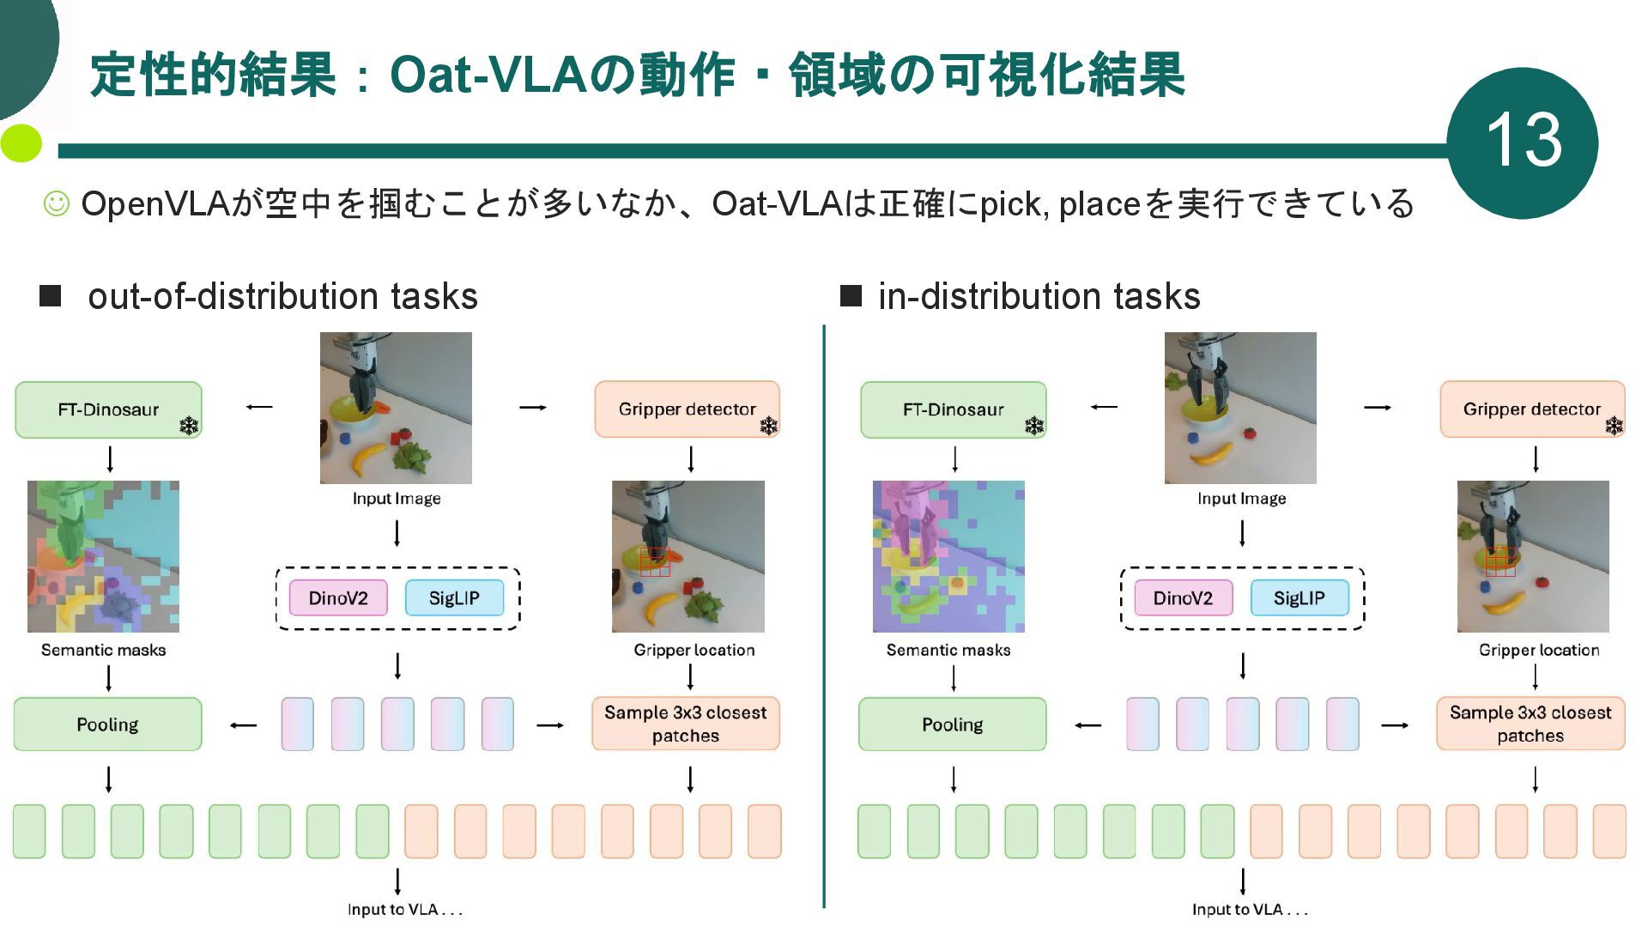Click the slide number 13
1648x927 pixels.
1523,141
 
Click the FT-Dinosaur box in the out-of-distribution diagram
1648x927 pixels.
108,409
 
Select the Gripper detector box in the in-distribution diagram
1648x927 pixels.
1532,409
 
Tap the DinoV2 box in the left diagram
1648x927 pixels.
337,598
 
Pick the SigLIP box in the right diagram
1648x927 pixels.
1299,598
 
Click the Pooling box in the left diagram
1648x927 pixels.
107,724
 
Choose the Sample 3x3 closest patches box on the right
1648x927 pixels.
1530,724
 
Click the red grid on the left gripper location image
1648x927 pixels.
654,561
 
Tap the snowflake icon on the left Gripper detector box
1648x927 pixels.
768,426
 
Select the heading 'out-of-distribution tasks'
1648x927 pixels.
282,296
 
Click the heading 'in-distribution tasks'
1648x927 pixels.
1039,296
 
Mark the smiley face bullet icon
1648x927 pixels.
57,203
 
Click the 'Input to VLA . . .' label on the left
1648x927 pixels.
404,909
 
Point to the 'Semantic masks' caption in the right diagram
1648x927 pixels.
948,650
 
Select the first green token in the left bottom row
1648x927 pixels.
29,831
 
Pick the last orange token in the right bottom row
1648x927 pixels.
1609,831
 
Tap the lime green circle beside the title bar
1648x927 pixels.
21,143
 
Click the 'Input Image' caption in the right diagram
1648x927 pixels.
1241,499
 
